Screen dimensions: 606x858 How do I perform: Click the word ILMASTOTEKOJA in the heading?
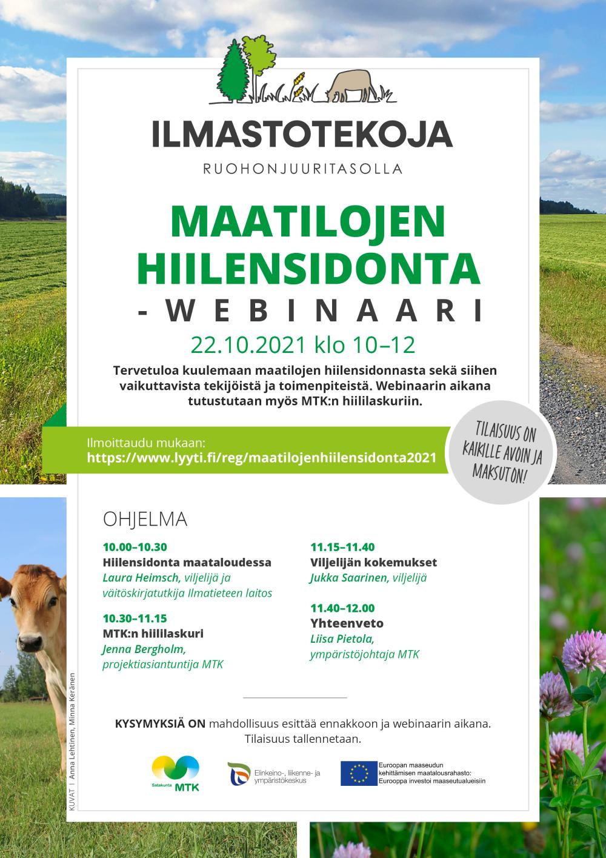coord(302,134)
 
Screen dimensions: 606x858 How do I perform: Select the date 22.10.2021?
coord(248,345)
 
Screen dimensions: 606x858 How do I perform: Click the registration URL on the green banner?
coord(261,458)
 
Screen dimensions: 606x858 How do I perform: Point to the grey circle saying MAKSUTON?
coord(501,452)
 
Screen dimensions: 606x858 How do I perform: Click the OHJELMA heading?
coord(145,520)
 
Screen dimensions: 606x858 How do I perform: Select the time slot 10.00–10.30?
coord(135,547)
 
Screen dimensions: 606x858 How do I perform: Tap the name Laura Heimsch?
coord(141,578)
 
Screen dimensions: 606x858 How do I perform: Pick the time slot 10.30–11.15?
coord(135,618)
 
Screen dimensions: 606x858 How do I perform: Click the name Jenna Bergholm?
coord(144,649)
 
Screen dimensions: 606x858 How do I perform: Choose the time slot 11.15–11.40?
coord(342,547)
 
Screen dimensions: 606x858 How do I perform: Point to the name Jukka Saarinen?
coord(347,578)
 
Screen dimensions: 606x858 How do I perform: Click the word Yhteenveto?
coord(347,623)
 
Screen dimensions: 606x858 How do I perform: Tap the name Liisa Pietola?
coord(342,639)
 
